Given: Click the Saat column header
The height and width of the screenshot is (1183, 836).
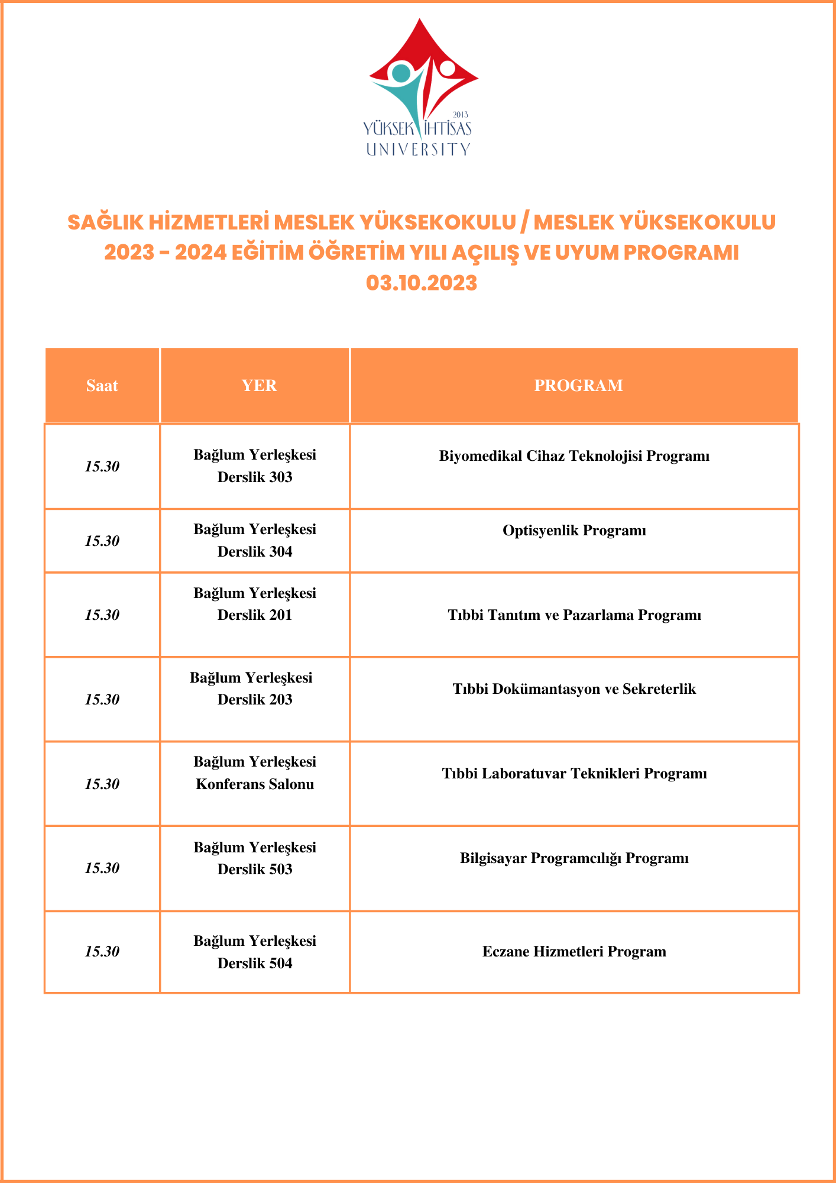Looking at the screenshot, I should (x=102, y=386).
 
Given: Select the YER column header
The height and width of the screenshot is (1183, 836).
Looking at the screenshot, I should (x=259, y=386).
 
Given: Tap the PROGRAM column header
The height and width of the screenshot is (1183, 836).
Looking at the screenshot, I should (x=578, y=386).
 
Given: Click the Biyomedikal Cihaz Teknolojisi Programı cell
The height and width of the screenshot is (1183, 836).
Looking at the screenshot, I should (x=574, y=456).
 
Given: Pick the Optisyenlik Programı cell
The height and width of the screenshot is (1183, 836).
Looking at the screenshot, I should (x=574, y=531).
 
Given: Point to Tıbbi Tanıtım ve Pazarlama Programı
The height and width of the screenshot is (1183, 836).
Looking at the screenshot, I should (x=574, y=615).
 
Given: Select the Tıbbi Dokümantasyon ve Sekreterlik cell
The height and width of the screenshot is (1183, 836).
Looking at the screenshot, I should (x=574, y=689).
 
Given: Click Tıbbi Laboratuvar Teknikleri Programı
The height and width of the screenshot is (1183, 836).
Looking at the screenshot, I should (x=574, y=774).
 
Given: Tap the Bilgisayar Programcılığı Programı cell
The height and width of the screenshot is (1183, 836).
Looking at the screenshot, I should (x=574, y=858).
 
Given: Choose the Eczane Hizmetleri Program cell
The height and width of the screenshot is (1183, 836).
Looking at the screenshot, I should (x=574, y=952).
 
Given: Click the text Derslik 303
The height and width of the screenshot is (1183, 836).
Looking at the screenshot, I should (x=255, y=477).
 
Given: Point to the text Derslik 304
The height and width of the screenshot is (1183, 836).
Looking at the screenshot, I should (x=255, y=552).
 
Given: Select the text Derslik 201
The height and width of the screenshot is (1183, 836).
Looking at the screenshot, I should (x=255, y=615).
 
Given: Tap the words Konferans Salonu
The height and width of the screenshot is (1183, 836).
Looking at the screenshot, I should (x=255, y=785).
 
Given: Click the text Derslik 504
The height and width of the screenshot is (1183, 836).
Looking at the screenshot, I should (x=255, y=964).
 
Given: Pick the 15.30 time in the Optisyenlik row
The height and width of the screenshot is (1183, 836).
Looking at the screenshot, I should (x=102, y=541).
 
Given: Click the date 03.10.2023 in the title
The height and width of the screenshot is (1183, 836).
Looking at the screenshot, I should (x=421, y=283).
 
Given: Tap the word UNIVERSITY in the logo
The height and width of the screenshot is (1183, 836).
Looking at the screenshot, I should (x=418, y=149).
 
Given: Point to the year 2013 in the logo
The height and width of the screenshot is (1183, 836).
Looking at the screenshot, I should (x=460, y=114).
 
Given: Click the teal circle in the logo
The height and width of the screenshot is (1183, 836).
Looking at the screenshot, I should (x=401, y=73).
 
